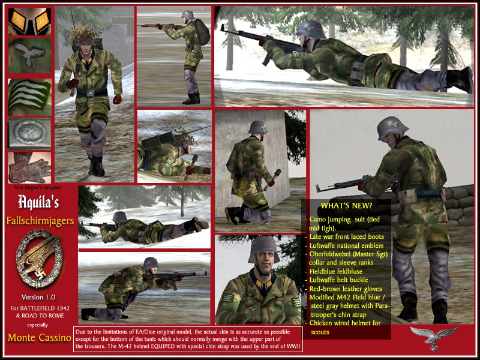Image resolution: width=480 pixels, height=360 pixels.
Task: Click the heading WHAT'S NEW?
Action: tap(346, 206)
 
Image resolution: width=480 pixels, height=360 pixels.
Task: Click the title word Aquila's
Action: tap(38, 202)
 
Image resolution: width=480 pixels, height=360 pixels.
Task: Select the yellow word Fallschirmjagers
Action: tap(40, 221)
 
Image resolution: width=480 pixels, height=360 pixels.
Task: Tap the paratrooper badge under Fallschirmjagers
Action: tap(38, 259)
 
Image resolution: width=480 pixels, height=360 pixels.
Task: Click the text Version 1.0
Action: tap(38, 297)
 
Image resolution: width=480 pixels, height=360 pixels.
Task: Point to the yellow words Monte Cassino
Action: tap(40, 338)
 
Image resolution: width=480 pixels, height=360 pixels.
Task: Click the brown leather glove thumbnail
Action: tap(29, 167)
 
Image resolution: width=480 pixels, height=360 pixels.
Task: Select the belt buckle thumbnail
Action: tap(29, 134)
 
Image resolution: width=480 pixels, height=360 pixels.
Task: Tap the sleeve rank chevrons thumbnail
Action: tap(29, 97)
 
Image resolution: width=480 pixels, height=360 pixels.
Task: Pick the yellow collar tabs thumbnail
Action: tap(29, 22)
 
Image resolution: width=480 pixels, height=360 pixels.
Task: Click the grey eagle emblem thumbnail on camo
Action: tap(29, 55)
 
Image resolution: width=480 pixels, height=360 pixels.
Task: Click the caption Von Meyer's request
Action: tap(37, 187)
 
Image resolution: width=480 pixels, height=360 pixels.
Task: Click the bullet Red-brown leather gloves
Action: tap(346, 289)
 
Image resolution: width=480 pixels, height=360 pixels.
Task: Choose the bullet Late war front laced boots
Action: tap(347, 236)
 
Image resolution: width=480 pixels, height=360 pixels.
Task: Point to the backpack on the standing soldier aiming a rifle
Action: tap(202, 32)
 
